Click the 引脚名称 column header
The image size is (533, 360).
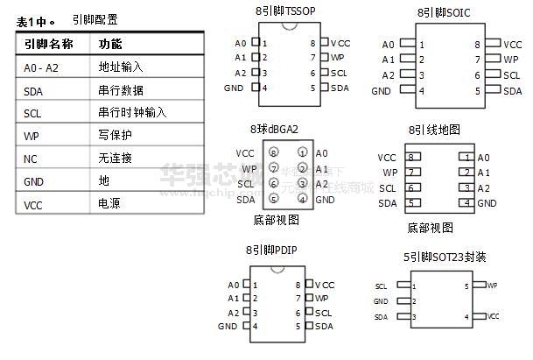click(x=48, y=43)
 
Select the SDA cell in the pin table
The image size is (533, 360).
click(x=34, y=90)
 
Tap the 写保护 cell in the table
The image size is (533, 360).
click(x=115, y=136)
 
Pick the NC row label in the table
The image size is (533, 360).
click(x=31, y=159)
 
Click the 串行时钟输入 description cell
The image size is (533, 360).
click(x=132, y=113)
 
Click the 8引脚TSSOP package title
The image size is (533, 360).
click(x=286, y=12)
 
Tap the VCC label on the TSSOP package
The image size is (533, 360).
click(x=340, y=42)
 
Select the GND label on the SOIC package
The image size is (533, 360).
click(x=381, y=90)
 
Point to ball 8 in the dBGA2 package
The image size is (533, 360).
click(x=274, y=152)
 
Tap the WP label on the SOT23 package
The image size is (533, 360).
click(x=492, y=286)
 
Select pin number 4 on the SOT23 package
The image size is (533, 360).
click(x=466, y=316)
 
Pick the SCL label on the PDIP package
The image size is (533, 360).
click(x=323, y=313)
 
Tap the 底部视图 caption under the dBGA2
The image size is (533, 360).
click(x=275, y=219)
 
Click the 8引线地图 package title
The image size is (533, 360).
click(x=434, y=130)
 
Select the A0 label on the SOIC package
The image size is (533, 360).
click(x=389, y=43)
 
